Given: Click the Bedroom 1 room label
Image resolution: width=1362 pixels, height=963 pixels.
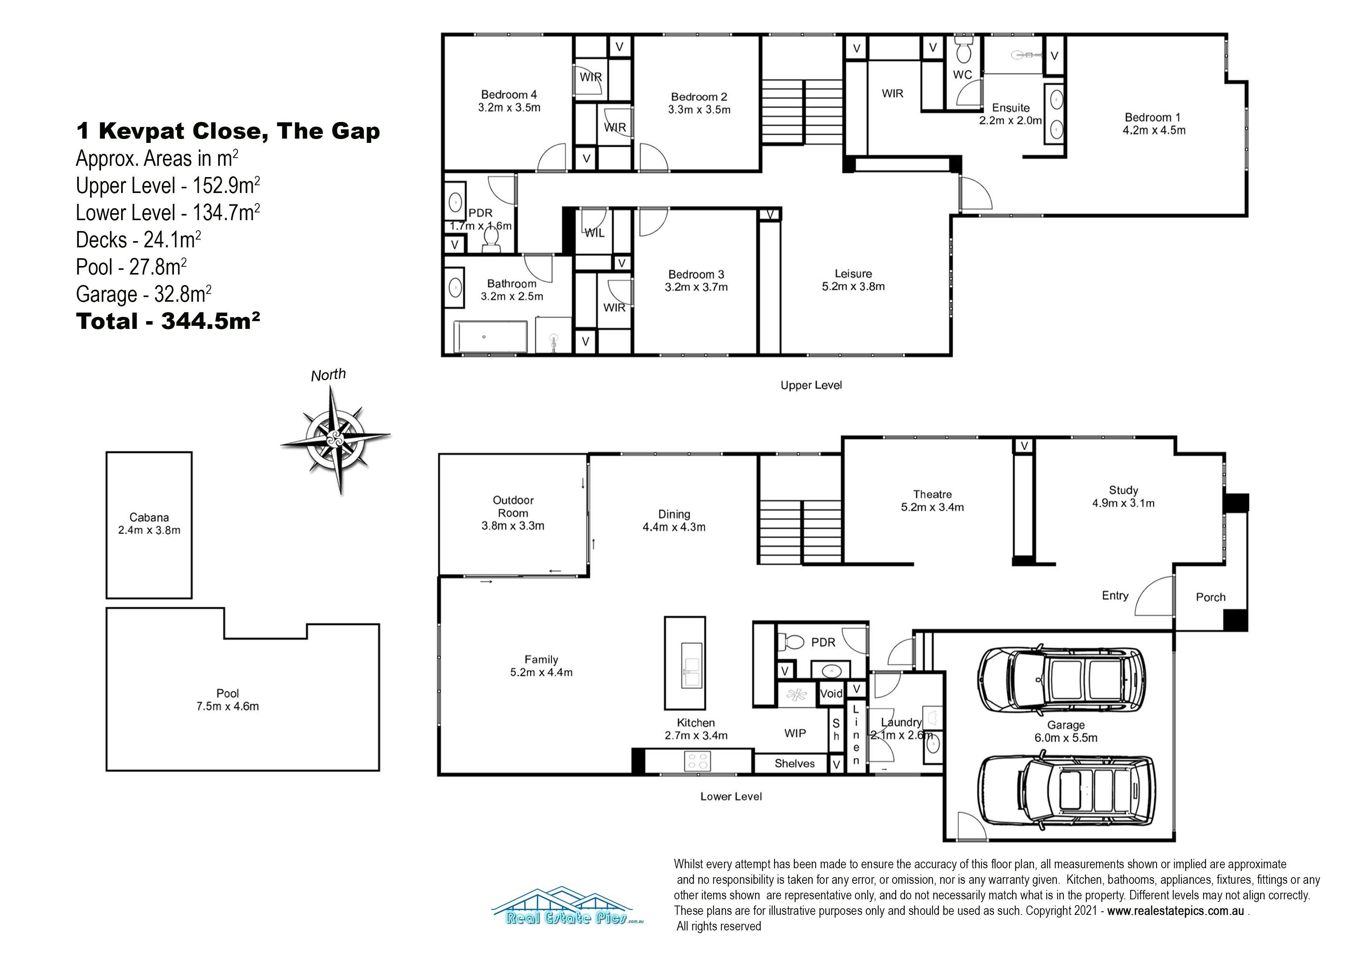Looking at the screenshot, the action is (1154, 124).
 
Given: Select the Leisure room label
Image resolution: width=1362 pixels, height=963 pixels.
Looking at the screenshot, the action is (853, 280).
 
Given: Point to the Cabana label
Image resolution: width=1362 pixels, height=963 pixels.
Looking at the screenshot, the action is (149, 524).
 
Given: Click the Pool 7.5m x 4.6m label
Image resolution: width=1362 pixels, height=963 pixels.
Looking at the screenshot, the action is (228, 700).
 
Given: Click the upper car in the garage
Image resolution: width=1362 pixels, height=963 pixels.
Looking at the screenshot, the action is (1062, 680).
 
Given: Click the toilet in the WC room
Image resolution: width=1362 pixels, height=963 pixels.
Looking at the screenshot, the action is (963, 50).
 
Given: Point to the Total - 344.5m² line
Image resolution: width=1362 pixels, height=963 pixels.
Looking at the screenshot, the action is (168, 321).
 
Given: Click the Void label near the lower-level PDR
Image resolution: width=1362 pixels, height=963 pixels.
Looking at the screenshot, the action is (831, 694).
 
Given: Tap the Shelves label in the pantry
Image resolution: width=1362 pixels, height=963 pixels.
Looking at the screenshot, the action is (794, 764).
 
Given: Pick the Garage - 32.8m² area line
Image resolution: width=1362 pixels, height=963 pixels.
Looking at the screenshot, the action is (144, 294).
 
